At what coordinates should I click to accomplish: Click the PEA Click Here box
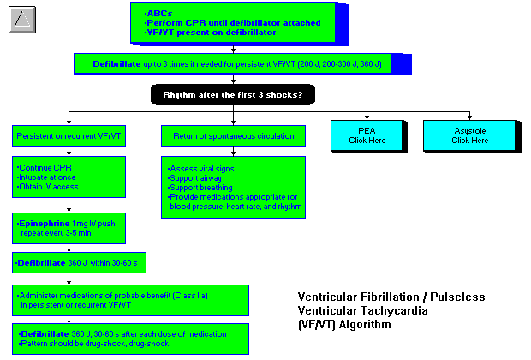(x=366, y=135)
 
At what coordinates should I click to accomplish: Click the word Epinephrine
(x=42, y=223)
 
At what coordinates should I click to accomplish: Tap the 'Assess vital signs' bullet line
(x=206, y=169)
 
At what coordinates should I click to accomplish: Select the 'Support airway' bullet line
(x=201, y=177)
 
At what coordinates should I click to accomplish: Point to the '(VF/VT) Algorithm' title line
(x=346, y=325)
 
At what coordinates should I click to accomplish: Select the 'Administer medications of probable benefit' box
(x=130, y=299)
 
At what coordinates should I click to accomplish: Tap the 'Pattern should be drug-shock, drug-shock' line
(x=104, y=343)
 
